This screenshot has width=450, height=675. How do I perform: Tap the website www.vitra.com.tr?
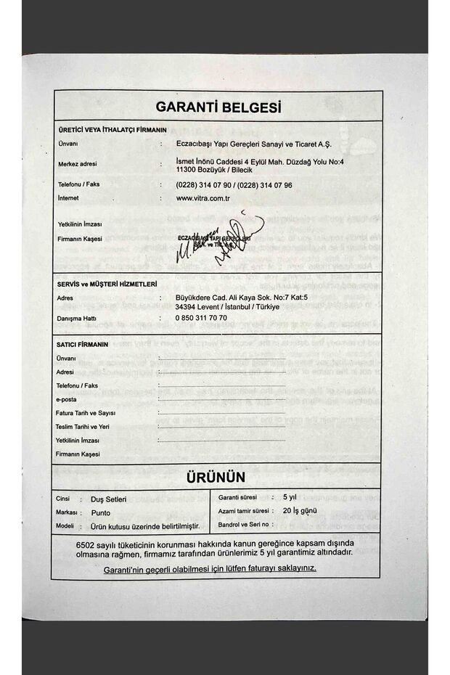click(x=203, y=197)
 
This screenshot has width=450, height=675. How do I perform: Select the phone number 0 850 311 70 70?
click(x=201, y=318)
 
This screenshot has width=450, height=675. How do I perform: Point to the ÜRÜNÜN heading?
click(x=216, y=477)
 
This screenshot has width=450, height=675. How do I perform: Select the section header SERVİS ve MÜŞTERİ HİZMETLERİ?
click(x=107, y=284)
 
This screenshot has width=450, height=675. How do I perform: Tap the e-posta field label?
click(x=66, y=399)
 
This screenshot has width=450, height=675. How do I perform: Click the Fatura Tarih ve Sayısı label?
click(x=86, y=413)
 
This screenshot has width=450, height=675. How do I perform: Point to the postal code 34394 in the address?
click(x=188, y=307)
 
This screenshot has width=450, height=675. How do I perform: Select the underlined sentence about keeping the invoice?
click(x=210, y=568)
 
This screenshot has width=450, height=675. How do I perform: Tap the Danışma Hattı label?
click(x=76, y=318)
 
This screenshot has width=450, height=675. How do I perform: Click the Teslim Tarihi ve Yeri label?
click(x=83, y=427)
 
